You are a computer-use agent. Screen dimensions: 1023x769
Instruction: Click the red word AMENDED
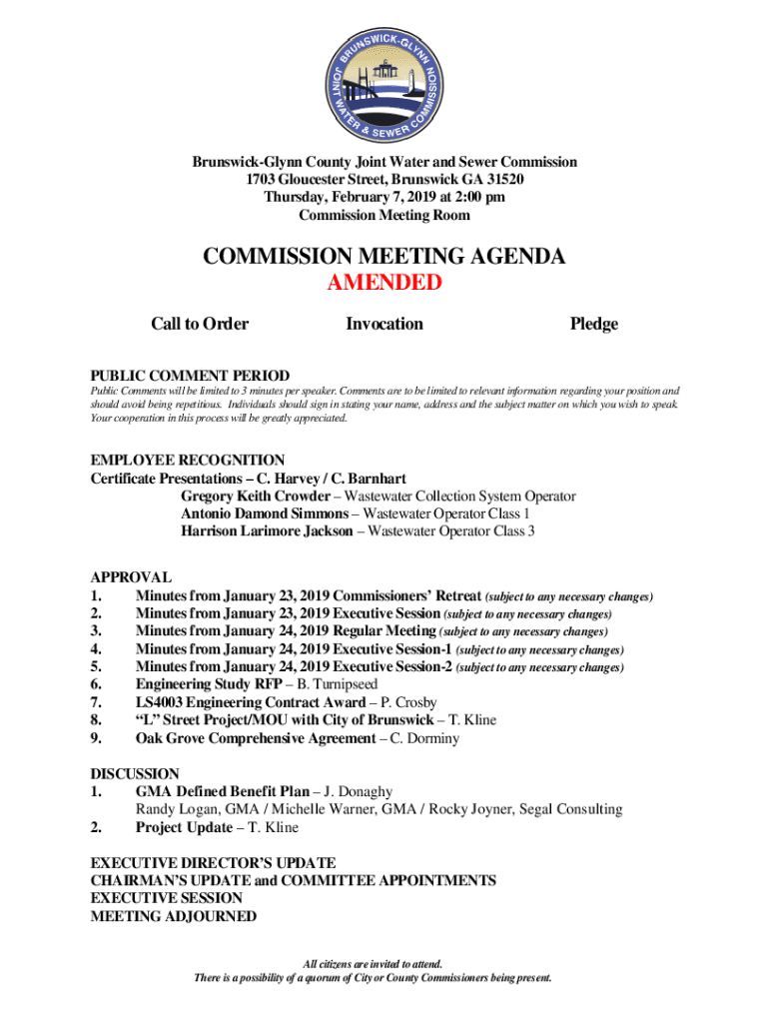click(x=384, y=283)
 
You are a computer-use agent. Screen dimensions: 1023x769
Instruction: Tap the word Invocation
click(x=384, y=324)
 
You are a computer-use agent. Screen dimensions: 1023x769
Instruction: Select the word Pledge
click(x=593, y=324)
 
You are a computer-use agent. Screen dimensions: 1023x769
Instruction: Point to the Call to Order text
click(x=200, y=324)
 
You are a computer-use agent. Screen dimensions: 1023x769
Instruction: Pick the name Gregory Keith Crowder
click(x=256, y=497)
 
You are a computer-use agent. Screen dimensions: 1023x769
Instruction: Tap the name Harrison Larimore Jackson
click(x=267, y=531)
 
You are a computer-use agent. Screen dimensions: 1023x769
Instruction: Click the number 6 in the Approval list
click(x=97, y=684)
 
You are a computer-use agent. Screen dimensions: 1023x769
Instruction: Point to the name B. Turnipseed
click(x=342, y=684)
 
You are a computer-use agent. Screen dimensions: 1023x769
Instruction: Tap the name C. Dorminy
click(x=424, y=738)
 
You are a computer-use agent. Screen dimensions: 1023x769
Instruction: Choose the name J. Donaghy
click(x=356, y=791)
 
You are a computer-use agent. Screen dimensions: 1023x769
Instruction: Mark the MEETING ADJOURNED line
click(x=173, y=916)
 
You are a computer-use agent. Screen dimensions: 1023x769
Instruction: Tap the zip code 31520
click(x=502, y=180)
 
